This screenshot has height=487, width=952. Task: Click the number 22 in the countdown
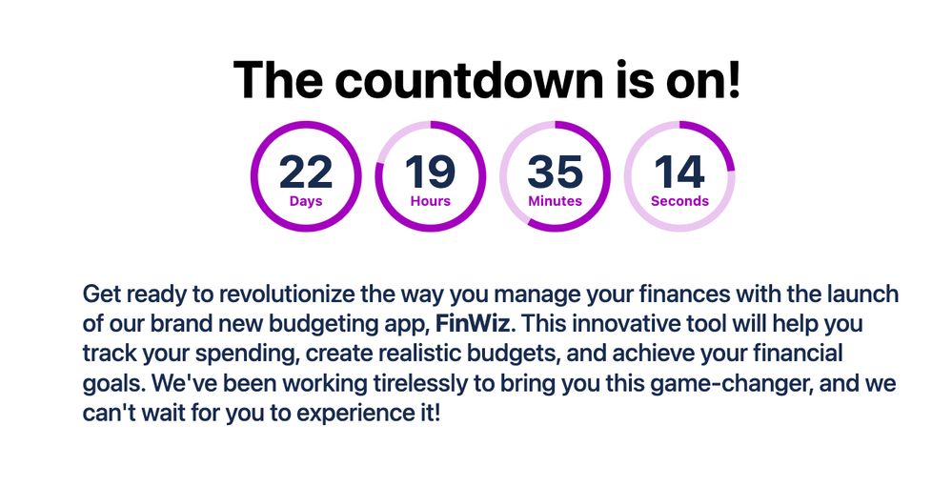click(x=306, y=172)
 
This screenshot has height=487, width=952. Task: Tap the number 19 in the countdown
click(x=431, y=172)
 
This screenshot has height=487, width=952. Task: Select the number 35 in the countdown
click(x=555, y=172)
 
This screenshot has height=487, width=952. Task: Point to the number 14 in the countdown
click(x=679, y=172)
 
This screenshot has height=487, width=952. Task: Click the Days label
click(x=306, y=201)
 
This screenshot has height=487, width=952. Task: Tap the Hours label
click(x=431, y=201)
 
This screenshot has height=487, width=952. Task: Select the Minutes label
click(x=555, y=201)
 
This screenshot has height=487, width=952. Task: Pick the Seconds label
click(x=679, y=201)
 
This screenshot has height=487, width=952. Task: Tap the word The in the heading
click(x=277, y=79)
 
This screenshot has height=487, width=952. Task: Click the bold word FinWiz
click(x=473, y=324)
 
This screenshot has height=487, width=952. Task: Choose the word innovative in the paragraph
click(x=618, y=324)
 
